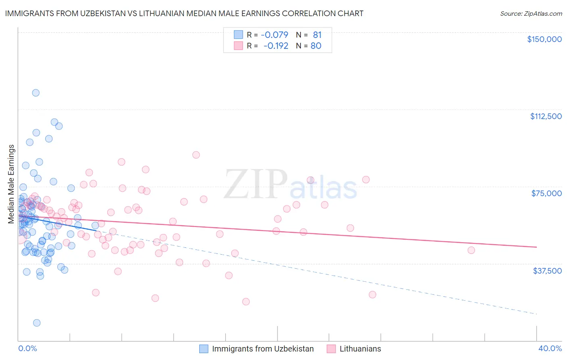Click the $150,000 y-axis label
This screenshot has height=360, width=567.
pyautogui.click(x=544, y=39)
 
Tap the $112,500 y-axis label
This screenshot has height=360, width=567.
pyautogui.click(x=546, y=116)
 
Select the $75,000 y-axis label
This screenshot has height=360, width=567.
pyautogui.click(x=546, y=193)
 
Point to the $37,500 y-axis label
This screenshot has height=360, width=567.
pyautogui.click(x=547, y=270)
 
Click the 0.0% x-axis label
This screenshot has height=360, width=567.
pyautogui.click(x=27, y=348)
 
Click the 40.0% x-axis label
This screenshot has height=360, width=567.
pyautogui.click(x=550, y=348)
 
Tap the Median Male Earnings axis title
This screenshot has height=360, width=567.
pyautogui.click(x=11, y=184)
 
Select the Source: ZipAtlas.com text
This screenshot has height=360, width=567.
pyautogui.click(x=531, y=13)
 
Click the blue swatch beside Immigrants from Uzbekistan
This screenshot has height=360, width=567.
pyautogui.click(x=204, y=349)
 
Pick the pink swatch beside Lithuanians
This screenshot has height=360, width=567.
pyautogui.click(x=331, y=349)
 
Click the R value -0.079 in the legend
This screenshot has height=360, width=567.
pyautogui.click(x=275, y=35)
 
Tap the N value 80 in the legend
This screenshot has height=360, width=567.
pyautogui.click(x=316, y=46)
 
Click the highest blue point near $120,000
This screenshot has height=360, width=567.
pyautogui.click(x=36, y=93)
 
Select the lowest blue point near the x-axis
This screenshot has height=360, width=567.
pyautogui.click(x=37, y=323)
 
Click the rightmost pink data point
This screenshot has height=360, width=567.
pyautogui.click(x=471, y=250)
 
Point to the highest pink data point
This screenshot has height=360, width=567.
pyautogui.click(x=196, y=155)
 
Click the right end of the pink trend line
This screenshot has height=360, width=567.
pyautogui.click(x=536, y=247)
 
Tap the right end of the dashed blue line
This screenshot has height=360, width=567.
pyautogui.click(x=536, y=314)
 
